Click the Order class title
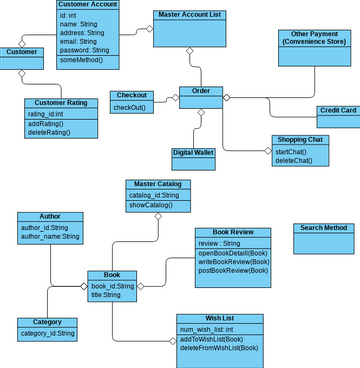201,91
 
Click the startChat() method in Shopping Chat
292,151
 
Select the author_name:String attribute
49,237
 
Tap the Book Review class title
232,232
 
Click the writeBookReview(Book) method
233,261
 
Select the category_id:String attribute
46,333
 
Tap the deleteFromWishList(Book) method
219,348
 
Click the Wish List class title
218,318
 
